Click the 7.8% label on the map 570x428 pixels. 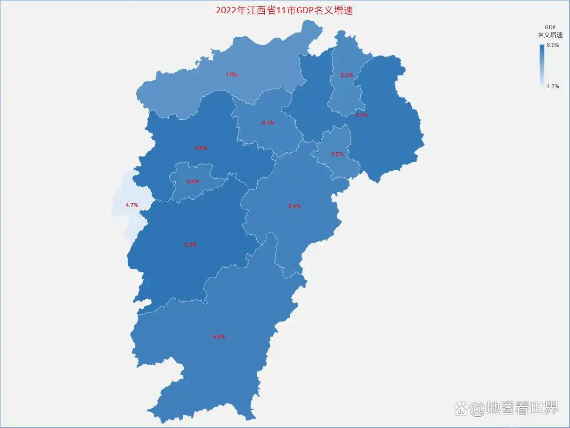coord(231,74)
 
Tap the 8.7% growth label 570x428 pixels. coord(361,115)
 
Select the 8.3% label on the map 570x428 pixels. coord(268,123)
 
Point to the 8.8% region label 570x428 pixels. coord(201,148)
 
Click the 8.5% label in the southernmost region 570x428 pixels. coord(219,337)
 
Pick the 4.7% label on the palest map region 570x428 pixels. coord(131,205)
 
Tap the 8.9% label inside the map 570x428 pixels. coord(190,245)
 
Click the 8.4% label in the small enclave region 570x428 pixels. coord(193,181)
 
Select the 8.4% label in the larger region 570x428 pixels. coord(294,206)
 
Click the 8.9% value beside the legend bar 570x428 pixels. coord(553,45)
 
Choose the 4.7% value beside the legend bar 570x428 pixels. coord(553,86)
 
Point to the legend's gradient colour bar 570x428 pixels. coord(542,65)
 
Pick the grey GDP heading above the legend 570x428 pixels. coord(550,27)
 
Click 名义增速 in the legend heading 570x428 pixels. coord(550,35)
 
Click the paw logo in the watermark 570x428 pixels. coord(461,408)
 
